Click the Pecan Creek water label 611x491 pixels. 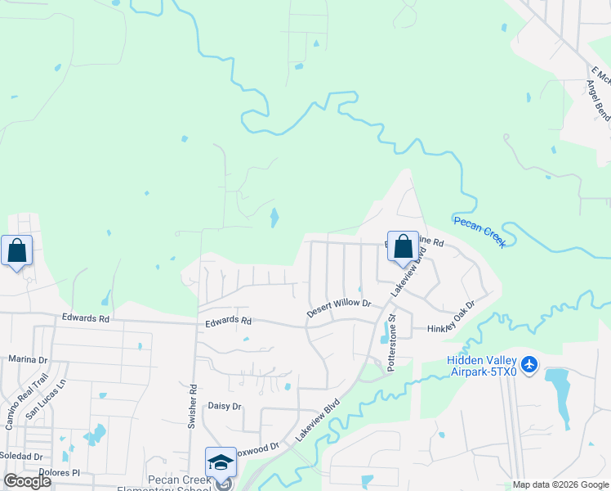(480, 231)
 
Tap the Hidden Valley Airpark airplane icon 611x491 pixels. (529, 363)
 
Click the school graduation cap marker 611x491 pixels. (221, 463)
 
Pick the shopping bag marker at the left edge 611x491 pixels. (17, 251)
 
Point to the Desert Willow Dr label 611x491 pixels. (338, 308)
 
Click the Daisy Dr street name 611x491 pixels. (225, 406)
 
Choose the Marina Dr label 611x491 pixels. (29, 358)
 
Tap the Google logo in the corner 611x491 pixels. (27, 481)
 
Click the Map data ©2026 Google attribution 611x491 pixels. (560, 484)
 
